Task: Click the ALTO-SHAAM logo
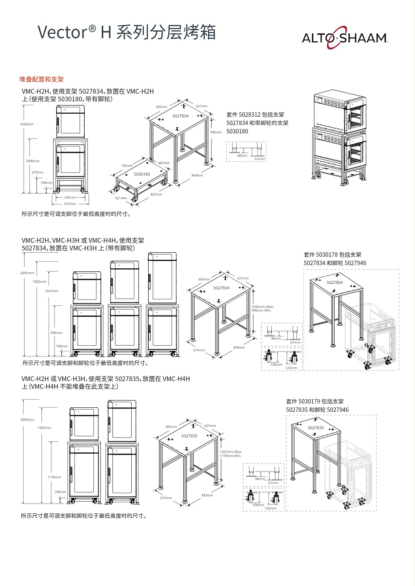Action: pyautogui.click(x=345, y=38)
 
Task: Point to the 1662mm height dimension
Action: pyautogui.click(x=27, y=124)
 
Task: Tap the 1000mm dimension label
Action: pyautogui.click(x=32, y=160)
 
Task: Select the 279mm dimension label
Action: pyautogui.click(x=37, y=172)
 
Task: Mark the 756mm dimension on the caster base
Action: pyautogui.click(x=127, y=165)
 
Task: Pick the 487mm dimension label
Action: pyautogui.click(x=164, y=163)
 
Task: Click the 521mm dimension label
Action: pyautogui.click(x=121, y=198)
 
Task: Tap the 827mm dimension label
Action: pyautogui.click(x=156, y=194)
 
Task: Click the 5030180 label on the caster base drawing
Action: pyautogui.click(x=142, y=174)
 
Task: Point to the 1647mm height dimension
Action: pyautogui.click(x=52, y=291)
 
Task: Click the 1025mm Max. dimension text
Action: pyautogui.click(x=262, y=307)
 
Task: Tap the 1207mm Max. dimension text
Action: pyautogui.click(x=231, y=452)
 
